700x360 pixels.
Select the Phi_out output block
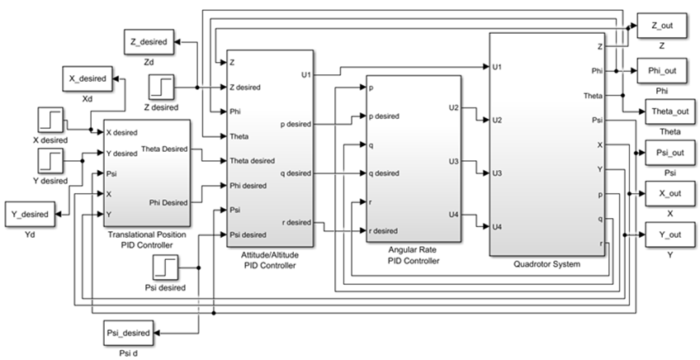point(662,71)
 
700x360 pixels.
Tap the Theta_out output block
point(667,111)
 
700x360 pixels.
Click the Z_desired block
point(149,40)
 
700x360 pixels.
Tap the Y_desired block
point(31,215)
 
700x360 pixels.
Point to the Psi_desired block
point(129,333)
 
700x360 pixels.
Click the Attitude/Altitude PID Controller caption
point(270,260)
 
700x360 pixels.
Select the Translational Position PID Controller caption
point(146,239)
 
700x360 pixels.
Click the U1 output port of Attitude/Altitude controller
point(305,75)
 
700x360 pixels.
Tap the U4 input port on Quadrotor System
point(497,226)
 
